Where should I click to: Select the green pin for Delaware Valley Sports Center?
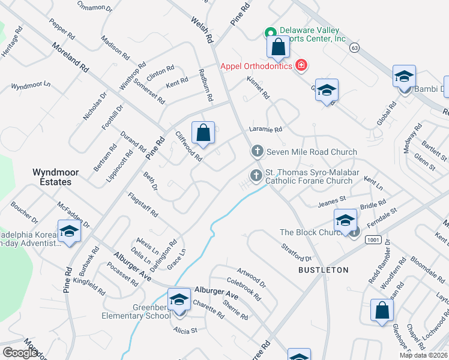pos(271,32)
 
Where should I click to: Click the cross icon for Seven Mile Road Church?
pos(257,152)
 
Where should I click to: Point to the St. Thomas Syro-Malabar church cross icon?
pos(256,175)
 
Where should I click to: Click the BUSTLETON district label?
pos(324,271)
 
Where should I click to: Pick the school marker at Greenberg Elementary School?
pos(179,301)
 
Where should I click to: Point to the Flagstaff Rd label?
pos(143,205)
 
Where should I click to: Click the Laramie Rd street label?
pos(265,129)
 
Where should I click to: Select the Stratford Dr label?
pos(297,252)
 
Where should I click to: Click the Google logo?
pos(20,353)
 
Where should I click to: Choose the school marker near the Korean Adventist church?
pos(69,232)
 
